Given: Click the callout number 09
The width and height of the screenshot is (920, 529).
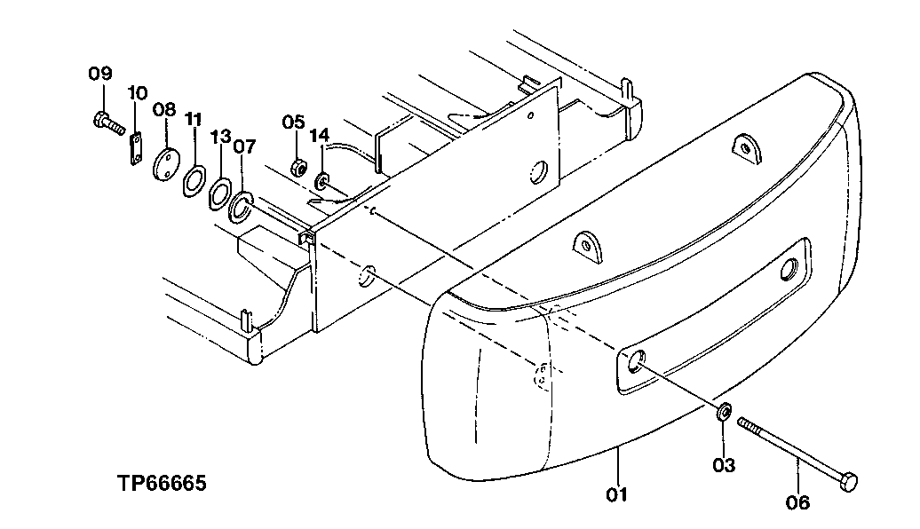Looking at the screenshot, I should [x=100, y=73].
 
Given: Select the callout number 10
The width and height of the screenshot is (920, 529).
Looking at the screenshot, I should [x=137, y=92].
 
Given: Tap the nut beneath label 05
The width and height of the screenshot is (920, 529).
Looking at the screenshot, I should [x=300, y=166].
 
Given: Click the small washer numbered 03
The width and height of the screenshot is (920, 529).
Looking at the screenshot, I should [x=724, y=412].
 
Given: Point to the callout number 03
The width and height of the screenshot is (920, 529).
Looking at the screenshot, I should [x=724, y=464].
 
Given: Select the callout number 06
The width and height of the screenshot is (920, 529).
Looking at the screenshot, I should [x=798, y=502].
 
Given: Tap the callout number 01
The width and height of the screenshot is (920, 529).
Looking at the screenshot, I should [x=617, y=493].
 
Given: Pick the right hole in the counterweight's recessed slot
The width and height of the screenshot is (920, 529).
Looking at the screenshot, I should [x=789, y=271].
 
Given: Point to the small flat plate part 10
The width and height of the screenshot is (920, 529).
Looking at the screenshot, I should [x=136, y=147].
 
